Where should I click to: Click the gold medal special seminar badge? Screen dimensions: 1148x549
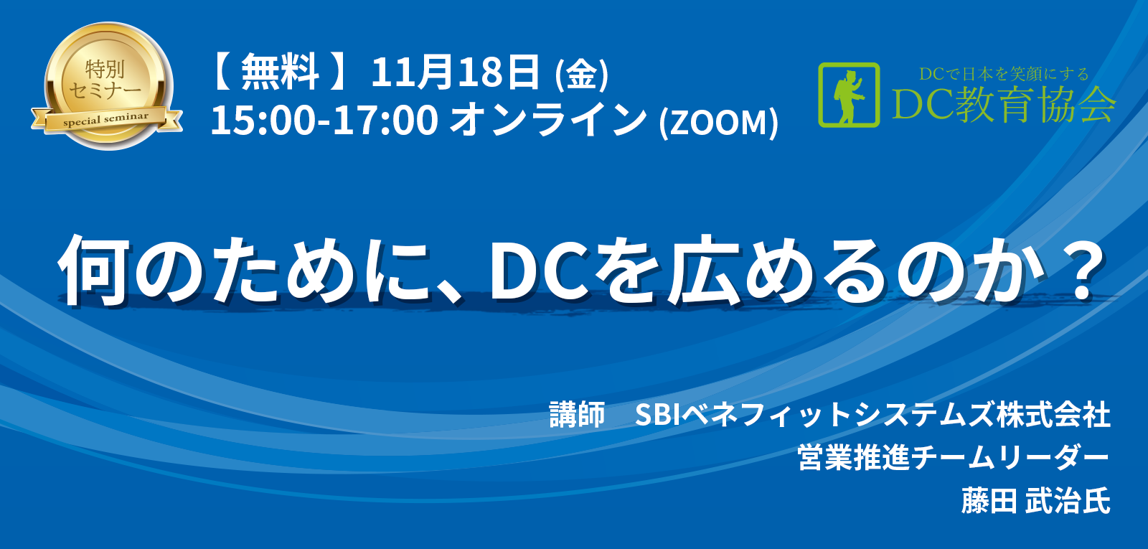[107, 86]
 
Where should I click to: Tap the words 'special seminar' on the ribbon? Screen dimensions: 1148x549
[106, 119]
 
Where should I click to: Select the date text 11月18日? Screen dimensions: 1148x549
[455, 72]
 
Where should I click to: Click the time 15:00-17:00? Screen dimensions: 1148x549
[324, 121]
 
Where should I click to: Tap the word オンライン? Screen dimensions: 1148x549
[548, 120]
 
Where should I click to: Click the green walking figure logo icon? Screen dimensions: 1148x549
[850, 95]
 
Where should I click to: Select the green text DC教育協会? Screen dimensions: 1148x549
[1004, 105]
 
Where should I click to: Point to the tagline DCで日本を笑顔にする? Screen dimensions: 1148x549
[1004, 75]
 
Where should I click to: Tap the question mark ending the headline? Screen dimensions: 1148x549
[1079, 270]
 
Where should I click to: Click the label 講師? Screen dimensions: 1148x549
[577, 414]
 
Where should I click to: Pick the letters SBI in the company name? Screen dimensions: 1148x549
[657, 415]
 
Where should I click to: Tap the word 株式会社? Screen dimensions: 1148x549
[1054, 414]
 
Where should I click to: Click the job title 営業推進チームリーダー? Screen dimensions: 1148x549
[954, 458]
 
